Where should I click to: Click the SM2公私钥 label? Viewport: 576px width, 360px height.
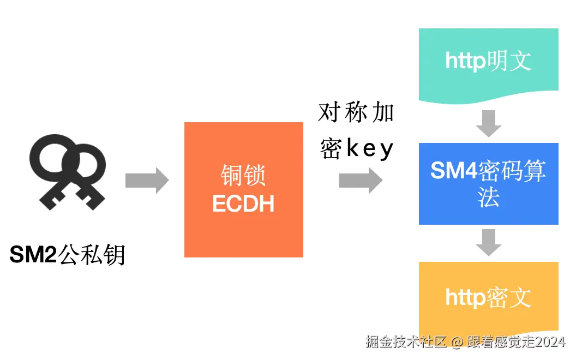68,254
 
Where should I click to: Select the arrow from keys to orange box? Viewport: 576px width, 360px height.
147,180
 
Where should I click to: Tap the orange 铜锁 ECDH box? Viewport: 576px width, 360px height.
244,189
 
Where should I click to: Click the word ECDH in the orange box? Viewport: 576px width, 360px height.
243,203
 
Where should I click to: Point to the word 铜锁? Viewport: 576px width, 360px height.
243,176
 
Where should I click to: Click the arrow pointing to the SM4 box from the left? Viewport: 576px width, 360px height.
361,180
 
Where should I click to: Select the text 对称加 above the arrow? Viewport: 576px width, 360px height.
356,113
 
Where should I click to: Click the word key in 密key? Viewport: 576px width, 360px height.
370,148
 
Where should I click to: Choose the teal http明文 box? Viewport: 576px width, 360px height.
488,63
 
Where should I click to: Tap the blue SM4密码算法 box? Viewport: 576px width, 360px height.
488,184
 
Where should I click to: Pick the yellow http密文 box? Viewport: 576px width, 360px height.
488,298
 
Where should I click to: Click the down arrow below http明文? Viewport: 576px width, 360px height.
488,123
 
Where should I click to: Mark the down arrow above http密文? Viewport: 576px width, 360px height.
488,243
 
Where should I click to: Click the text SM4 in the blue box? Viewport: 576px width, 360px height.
454,171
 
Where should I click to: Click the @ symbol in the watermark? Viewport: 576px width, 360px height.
457,342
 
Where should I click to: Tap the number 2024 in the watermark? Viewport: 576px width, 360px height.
550,342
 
